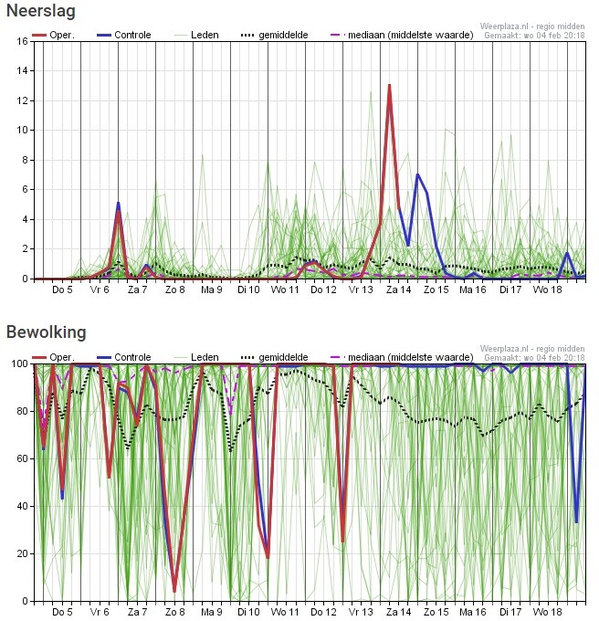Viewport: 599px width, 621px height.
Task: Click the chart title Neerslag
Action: (x=41, y=12)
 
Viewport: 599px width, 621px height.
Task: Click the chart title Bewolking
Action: (x=47, y=332)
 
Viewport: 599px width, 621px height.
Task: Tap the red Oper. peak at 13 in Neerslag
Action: (x=389, y=86)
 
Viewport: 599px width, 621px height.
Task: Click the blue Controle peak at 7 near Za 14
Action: (x=417, y=174)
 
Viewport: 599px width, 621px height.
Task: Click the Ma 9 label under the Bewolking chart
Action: (x=212, y=613)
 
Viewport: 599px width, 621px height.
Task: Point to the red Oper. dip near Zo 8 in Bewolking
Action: (x=174, y=590)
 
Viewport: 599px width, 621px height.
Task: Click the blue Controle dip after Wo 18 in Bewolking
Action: (x=576, y=521)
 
